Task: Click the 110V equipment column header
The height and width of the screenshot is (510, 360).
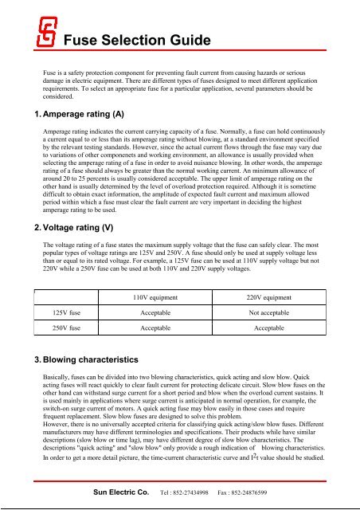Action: [x=155, y=297]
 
